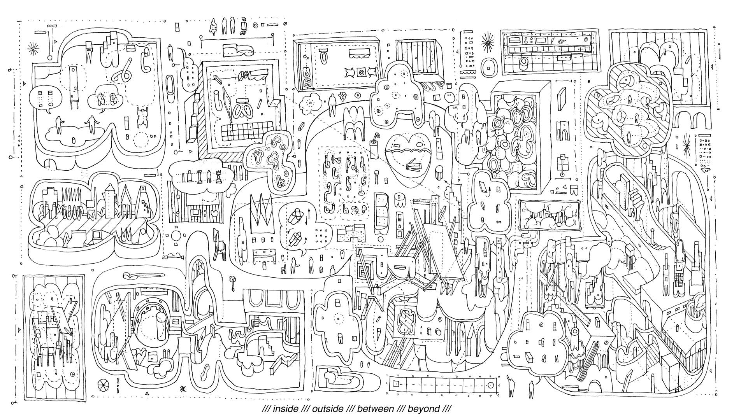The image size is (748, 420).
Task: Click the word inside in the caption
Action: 285,409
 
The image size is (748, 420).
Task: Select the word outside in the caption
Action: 328,409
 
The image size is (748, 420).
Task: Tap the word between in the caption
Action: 376,409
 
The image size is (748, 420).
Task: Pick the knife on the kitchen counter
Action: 552,40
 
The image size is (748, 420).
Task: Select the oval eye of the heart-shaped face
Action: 419,143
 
